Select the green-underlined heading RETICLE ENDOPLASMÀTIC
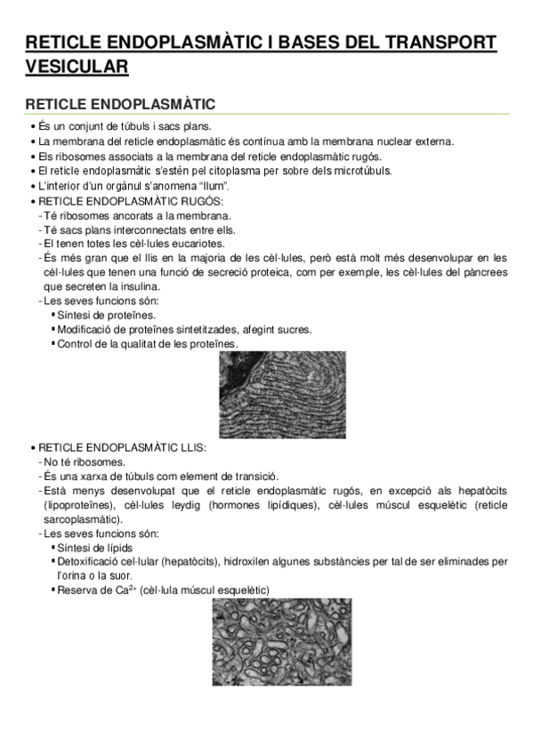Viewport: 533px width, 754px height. [120, 104]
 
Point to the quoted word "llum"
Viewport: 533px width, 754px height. [213, 186]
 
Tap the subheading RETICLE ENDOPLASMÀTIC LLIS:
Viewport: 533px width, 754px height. [122, 446]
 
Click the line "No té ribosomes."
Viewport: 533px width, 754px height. [85, 461]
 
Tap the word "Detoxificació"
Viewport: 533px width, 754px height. [92, 561]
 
